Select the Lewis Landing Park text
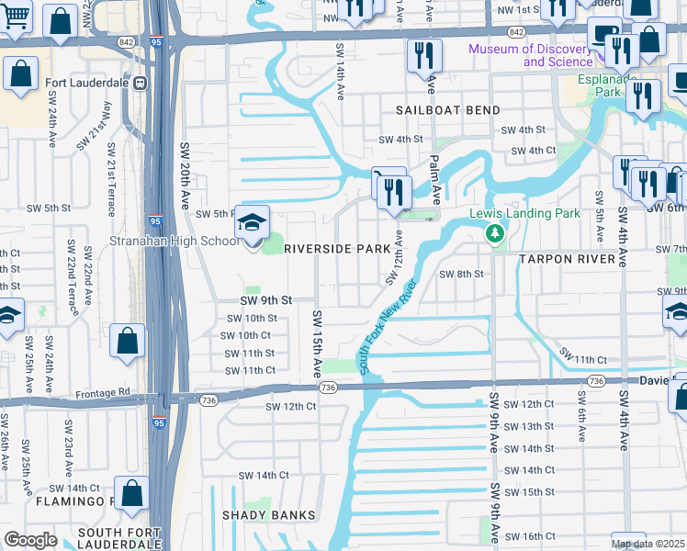pos(525,213)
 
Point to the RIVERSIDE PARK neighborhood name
pos(338,249)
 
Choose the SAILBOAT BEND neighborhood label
pos(448,110)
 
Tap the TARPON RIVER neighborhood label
pos(571,260)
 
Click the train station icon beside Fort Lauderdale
pos(141,83)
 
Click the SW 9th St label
pos(265,300)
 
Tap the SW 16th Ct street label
pos(530,536)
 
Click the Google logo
pos(30,540)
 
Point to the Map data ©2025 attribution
pos(648,544)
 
